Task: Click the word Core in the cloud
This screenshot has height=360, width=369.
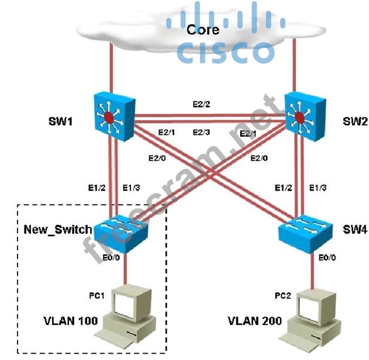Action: pos(203,29)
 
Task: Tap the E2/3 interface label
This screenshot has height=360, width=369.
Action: pos(202,133)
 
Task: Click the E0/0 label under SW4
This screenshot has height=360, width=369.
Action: pos(329,255)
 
